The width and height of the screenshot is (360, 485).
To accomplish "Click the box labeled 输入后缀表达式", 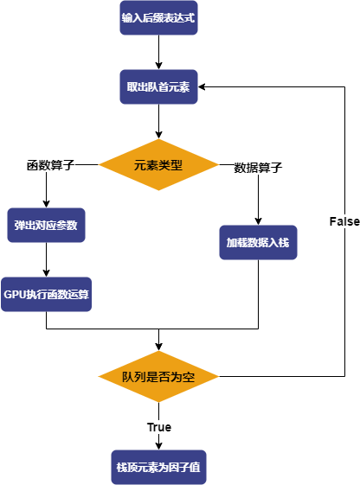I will pyautogui.click(x=158, y=18).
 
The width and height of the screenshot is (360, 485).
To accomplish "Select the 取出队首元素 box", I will pyautogui.click(x=158, y=86).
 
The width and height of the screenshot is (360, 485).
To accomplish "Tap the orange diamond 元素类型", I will pyautogui.click(x=158, y=164).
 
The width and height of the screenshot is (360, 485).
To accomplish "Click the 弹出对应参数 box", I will pyautogui.click(x=47, y=225).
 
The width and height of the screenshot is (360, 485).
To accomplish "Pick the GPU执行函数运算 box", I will pyautogui.click(x=47, y=294).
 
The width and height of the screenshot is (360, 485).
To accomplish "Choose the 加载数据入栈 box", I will pyautogui.click(x=258, y=243).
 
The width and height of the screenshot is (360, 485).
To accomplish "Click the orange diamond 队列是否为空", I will pyautogui.click(x=158, y=377).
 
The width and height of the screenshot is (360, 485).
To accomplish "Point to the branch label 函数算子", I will pyautogui.click(x=49, y=165).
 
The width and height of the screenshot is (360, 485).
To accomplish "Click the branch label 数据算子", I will pyautogui.click(x=258, y=168).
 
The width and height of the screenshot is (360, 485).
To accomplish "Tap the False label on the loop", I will pyautogui.click(x=344, y=221).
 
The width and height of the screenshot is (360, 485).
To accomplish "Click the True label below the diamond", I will pyautogui.click(x=158, y=427).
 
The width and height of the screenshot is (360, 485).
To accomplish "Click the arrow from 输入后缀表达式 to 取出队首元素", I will pyautogui.click(x=158, y=51).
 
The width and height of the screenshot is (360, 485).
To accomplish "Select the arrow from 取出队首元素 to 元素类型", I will pyautogui.click(x=158, y=120).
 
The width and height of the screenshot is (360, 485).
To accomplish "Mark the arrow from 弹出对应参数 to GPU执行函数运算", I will pyautogui.click(x=47, y=259).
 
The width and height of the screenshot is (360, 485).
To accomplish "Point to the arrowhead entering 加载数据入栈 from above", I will pyautogui.click(x=258, y=220).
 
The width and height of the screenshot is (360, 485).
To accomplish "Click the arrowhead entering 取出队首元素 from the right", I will pyautogui.click(x=203, y=86).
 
